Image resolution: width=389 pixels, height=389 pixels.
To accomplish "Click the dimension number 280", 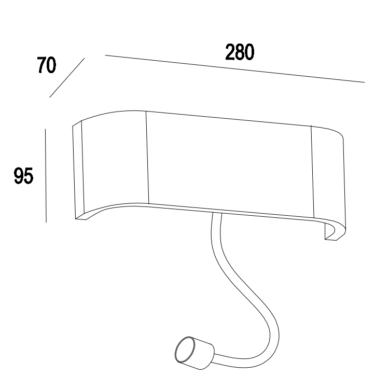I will point(239,52).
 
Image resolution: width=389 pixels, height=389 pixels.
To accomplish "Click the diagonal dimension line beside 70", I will point(66,78).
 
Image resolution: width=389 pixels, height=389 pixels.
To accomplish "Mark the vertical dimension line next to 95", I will point(46,175).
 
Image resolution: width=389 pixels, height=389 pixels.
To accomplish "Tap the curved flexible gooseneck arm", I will point(244,290).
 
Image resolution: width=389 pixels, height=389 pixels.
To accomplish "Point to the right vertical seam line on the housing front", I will point(311,171).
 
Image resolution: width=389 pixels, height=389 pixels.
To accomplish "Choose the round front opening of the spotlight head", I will point(182,353).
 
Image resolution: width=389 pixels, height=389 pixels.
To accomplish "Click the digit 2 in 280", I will point(230,52).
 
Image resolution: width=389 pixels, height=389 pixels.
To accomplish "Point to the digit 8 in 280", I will point(239,52).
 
